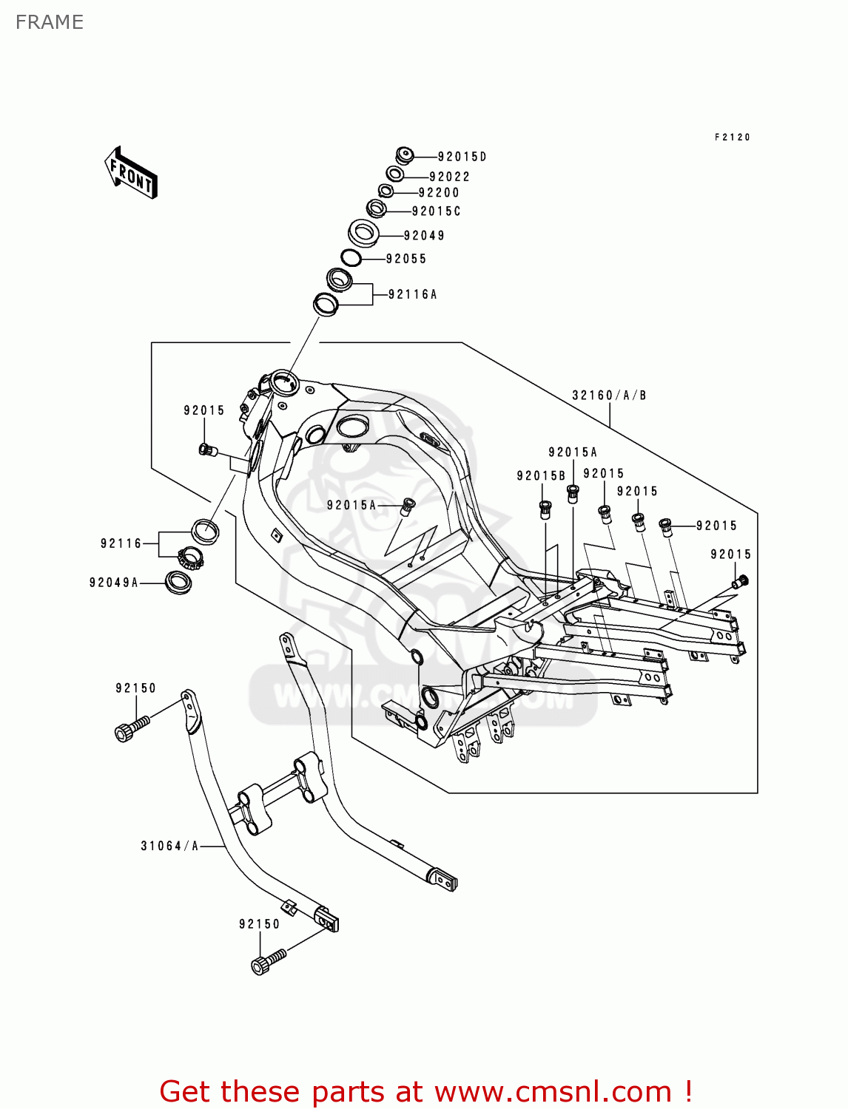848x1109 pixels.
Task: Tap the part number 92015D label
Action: coord(462,157)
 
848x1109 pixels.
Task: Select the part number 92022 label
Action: coord(449,177)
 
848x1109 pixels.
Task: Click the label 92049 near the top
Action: coord(424,236)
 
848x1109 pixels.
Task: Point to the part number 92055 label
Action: coord(406,259)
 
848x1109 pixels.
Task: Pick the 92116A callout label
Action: coord(413,294)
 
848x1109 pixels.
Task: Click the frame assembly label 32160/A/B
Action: coord(609,396)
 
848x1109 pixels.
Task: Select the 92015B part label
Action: coord(541,476)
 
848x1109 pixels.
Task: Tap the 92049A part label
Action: coord(114,583)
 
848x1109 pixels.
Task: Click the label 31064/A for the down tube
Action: coord(169,846)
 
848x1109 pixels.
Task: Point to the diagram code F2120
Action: coord(733,138)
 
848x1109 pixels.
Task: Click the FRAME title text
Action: coord(50,22)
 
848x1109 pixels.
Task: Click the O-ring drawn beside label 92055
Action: coord(351,258)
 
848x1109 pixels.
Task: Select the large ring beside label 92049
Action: coord(363,233)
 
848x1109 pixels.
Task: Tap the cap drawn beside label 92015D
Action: coord(404,156)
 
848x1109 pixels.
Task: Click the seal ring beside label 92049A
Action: coord(178,582)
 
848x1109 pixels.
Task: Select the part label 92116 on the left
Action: coord(121,543)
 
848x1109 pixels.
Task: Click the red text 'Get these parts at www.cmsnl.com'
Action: coord(425,1091)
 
